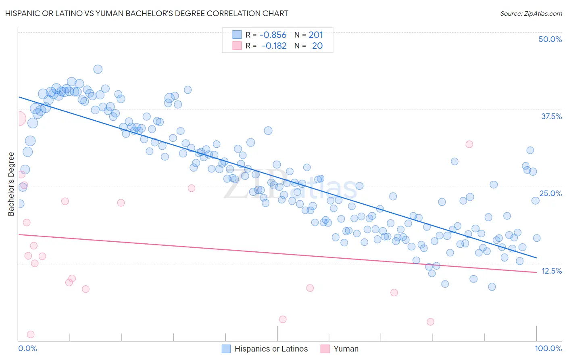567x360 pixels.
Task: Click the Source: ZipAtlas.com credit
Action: [531, 13]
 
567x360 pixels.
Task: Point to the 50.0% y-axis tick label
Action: [550, 39]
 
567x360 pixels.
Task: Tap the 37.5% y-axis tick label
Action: [551, 116]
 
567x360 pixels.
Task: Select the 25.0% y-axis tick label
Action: [550, 193]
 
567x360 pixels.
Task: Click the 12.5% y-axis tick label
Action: [551, 271]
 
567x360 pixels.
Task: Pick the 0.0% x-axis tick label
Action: [27, 348]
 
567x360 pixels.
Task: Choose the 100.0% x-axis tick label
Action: [548, 348]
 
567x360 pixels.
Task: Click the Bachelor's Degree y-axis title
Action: [11, 184]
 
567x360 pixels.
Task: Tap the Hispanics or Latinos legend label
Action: [271, 349]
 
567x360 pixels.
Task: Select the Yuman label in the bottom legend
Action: [346, 349]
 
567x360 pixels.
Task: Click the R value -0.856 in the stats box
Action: [273, 35]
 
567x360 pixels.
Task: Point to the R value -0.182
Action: [274, 46]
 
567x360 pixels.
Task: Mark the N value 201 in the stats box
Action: [316, 35]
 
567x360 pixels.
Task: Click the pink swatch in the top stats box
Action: [237, 46]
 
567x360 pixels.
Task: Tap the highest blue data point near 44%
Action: [98, 69]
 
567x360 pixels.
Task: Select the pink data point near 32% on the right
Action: [469, 144]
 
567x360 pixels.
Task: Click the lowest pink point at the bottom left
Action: [31, 334]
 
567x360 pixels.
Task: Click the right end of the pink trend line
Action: [536, 272]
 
